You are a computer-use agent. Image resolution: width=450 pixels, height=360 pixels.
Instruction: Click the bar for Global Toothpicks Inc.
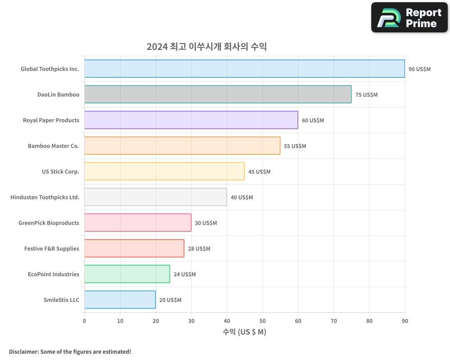coord(244,68)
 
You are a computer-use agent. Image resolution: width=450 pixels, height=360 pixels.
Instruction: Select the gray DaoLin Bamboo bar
coord(218,94)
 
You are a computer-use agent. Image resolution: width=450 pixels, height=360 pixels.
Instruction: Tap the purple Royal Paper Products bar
coord(191,120)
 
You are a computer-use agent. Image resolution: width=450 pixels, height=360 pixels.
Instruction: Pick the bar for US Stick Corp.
coord(164,171)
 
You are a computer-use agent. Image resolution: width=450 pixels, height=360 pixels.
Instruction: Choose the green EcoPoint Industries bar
coord(127,274)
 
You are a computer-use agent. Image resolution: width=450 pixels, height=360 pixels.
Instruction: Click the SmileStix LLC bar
coord(120,299)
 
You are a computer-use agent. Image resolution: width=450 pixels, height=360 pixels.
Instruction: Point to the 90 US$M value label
coord(419,69)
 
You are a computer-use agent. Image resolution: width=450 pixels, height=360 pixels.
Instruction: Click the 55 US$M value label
coord(295,146)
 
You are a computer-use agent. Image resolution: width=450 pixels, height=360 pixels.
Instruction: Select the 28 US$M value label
coord(199,248)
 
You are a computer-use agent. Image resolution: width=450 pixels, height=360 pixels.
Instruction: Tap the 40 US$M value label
coord(242,197)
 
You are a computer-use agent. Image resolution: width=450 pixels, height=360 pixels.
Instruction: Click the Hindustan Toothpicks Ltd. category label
coord(45,197)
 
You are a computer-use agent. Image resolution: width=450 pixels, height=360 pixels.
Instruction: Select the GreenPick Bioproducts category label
coord(49,223)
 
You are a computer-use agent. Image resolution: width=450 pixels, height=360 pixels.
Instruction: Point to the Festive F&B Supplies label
coord(51,248)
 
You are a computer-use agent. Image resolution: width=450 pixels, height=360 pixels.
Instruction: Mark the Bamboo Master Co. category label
coord(53,146)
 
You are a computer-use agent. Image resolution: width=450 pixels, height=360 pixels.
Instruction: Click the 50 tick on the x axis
coord(262,321)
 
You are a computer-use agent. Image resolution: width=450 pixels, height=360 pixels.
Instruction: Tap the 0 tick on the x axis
coord(84,321)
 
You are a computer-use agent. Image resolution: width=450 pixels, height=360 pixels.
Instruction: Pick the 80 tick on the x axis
coord(369,321)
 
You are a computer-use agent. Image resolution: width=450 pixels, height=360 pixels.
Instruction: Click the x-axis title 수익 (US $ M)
coord(244,332)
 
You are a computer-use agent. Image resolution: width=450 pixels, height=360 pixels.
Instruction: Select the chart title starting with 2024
coord(207,46)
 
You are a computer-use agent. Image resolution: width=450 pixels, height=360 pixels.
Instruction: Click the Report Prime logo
coord(409,18)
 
